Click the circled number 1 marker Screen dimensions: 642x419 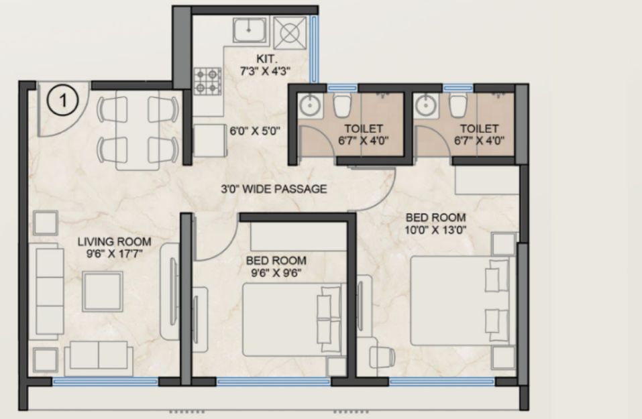click(62, 100)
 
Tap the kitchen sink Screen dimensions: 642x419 click(250, 29)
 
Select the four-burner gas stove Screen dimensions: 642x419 click(207, 81)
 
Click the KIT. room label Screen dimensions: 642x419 click(266, 59)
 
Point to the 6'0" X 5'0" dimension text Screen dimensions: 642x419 click(254, 131)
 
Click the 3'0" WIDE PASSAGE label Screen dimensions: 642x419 click(274, 189)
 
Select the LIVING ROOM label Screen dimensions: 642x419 click(114, 241)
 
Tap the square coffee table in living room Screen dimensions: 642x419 click(103, 292)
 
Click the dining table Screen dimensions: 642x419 click(137, 129)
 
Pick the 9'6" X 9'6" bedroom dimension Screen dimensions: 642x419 click(276, 273)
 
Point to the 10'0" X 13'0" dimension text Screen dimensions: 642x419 click(435, 230)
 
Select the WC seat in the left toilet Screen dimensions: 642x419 click(342, 105)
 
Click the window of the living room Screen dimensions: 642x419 click(105, 381)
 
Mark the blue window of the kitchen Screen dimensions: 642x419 click(314, 50)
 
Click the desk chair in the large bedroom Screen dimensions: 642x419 click(382, 357)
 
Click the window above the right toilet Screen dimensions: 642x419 click(458, 88)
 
